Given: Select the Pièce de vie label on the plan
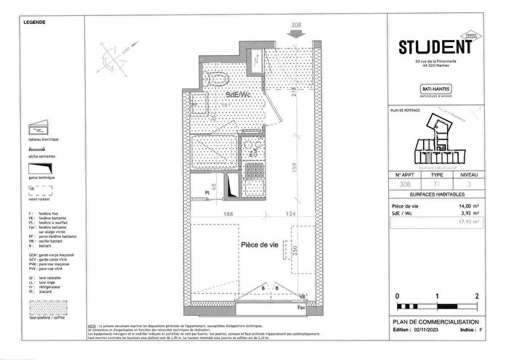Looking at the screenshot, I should [x=259, y=245].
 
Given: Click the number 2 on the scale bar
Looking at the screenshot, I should [x=475, y=297].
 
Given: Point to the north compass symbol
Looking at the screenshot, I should [x=113, y=56].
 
